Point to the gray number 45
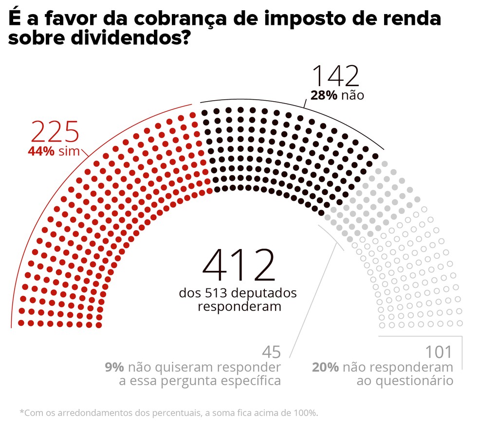tap(272, 352)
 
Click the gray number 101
tap(439, 352)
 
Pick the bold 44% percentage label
tap(41, 151)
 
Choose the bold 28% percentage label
tap(324, 95)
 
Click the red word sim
tap(69, 151)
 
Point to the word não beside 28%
tap(352, 95)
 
